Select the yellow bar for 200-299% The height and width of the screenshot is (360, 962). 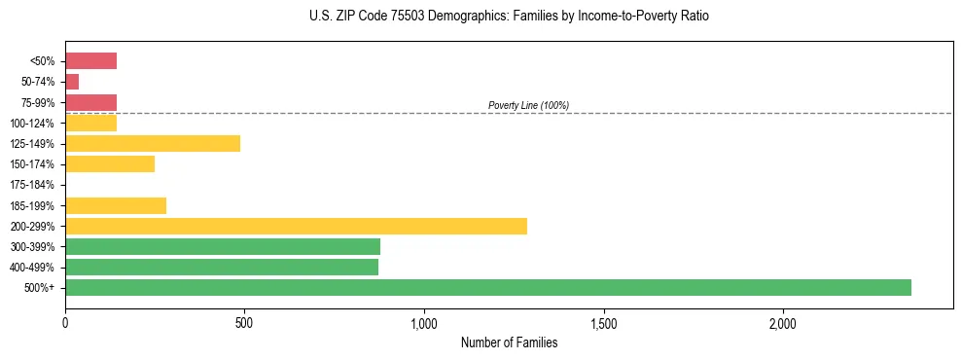pyautogui.click(x=296, y=226)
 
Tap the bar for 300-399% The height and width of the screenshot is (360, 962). pyautogui.click(x=223, y=246)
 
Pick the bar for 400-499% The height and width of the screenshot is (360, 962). pyautogui.click(x=222, y=267)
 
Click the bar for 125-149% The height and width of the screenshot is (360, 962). pyautogui.click(x=153, y=143)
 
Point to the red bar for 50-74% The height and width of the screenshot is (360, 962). pyautogui.click(x=72, y=82)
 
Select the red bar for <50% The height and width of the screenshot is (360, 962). pyautogui.click(x=90, y=61)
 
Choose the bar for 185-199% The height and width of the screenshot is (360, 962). pyautogui.click(x=116, y=205)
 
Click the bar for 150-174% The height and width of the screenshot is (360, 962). pyautogui.click(x=110, y=163)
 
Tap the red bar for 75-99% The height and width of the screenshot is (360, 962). pyautogui.click(x=90, y=102)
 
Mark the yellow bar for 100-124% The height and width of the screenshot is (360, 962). pyautogui.click(x=90, y=123)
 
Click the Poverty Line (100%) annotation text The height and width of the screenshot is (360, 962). pyautogui.click(x=528, y=105)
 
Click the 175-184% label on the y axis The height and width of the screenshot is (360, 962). pyautogui.click(x=32, y=185)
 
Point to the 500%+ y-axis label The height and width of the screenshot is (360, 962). pyautogui.click(x=39, y=288)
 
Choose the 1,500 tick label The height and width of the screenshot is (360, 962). pyautogui.click(x=604, y=322)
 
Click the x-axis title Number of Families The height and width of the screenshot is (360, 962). pyautogui.click(x=509, y=342)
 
